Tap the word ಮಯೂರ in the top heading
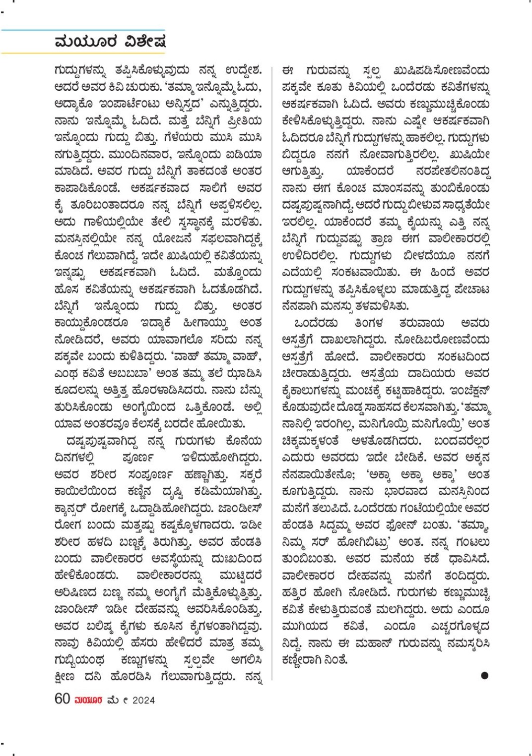86,41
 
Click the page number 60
62,699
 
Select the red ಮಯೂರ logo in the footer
88,700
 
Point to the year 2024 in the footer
143,700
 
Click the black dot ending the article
484,675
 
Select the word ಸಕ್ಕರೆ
251,474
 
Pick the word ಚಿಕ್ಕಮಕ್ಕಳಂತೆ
310,441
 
